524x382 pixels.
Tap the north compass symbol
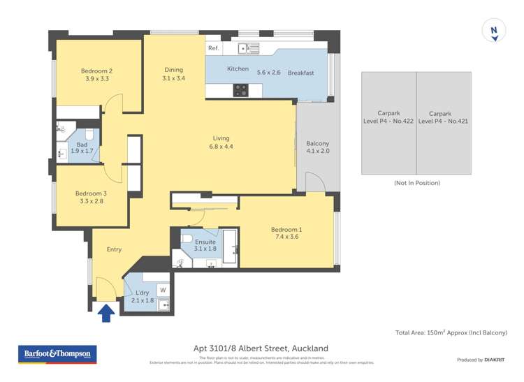[x=494, y=31]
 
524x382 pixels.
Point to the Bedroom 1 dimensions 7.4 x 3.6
[x=286, y=237]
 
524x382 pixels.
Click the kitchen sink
[x=248, y=48]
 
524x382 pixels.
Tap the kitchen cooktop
[x=240, y=89]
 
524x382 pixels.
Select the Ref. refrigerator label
[x=213, y=48]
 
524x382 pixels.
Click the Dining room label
[x=174, y=70]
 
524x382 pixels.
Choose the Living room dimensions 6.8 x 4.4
[x=221, y=147]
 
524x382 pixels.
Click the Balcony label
[x=317, y=144]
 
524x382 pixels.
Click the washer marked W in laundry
[x=163, y=289]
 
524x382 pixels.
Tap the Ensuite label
[x=205, y=242]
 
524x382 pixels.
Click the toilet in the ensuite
[x=187, y=240]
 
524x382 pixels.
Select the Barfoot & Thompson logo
[x=57, y=354]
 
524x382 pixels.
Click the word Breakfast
[x=300, y=73]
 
